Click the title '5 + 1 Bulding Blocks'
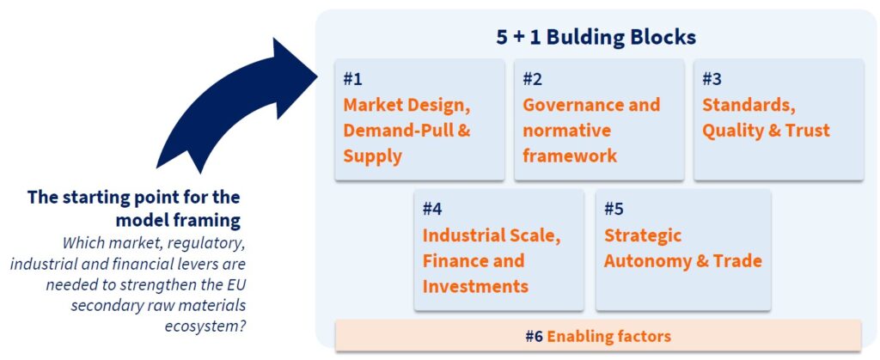tap(596, 37)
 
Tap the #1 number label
tap(352, 80)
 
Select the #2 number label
tap(533, 80)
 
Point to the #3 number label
tap(712, 80)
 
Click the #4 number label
tap(433, 209)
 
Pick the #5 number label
tap(614, 209)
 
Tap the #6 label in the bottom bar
tap(535, 337)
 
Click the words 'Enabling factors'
tap(609, 337)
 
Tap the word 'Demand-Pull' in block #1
tap(394, 131)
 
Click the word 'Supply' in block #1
tap(373, 156)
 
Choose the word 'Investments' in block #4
tap(475, 286)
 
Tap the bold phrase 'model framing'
tap(178, 221)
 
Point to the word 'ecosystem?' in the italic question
tap(205, 326)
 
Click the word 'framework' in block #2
tap(570, 156)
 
